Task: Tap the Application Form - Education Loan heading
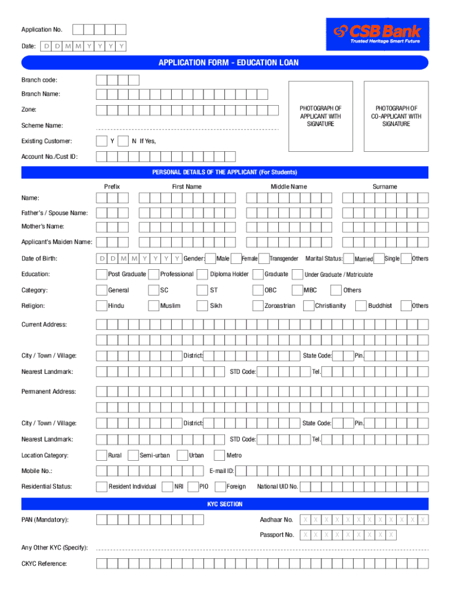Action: (225, 63)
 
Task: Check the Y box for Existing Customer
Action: (102, 141)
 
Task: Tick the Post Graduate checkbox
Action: (102, 274)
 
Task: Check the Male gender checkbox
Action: (210, 258)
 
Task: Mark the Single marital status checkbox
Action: (379, 258)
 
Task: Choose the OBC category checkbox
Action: (258, 290)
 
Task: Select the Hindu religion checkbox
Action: (102, 305)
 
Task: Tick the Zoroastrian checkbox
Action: (258, 305)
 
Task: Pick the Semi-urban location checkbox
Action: (133, 455)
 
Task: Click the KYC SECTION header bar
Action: (225, 504)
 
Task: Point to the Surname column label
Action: (385, 186)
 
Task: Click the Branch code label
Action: (39, 79)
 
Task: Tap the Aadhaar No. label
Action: (276, 520)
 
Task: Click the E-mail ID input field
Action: (331, 471)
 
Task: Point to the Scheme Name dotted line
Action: (187, 128)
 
